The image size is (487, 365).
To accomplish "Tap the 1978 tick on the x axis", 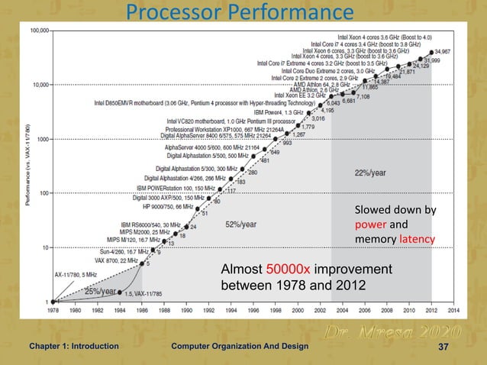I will click(53, 311).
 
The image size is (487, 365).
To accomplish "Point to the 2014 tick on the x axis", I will click(453, 311).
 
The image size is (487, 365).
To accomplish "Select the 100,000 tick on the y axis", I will click(38, 31).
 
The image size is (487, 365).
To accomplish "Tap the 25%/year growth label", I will click(100, 291).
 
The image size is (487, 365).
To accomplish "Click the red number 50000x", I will click(288, 271).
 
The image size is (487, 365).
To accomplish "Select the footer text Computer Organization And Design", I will click(240, 347).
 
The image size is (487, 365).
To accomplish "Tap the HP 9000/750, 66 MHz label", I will click(163, 206).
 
